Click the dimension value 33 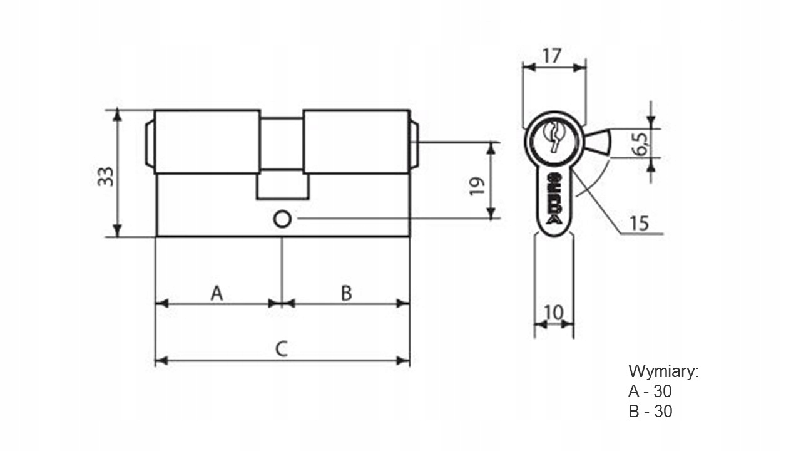click(x=106, y=177)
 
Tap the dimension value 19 click(x=477, y=186)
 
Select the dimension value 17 click(x=552, y=56)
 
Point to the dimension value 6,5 click(x=640, y=144)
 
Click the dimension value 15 click(x=639, y=224)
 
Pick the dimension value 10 click(x=554, y=313)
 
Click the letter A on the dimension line click(x=217, y=294)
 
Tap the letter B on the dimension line click(x=347, y=294)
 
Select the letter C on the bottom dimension click(x=282, y=349)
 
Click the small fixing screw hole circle click(x=282, y=219)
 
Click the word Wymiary click(x=663, y=371)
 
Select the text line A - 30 click(x=650, y=391)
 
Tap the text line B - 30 click(x=650, y=412)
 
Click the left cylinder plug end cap click(x=150, y=144)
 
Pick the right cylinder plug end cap click(x=414, y=144)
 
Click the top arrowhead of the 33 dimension click(x=118, y=116)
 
